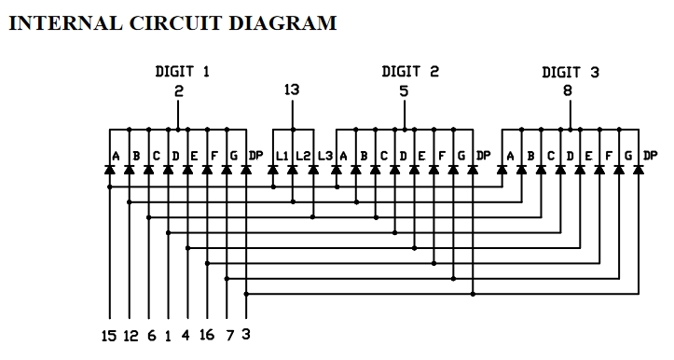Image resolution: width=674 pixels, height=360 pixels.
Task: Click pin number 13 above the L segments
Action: pos(292,90)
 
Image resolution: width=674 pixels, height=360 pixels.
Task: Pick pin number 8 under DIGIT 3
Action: pos(569,91)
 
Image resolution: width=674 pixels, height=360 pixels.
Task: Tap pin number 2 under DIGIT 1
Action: pos(179,91)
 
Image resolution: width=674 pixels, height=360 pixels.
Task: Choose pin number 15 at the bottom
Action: pos(110,334)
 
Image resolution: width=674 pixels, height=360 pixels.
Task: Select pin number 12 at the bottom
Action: pos(131,334)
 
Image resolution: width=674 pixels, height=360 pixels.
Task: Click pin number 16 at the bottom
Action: pos(207,334)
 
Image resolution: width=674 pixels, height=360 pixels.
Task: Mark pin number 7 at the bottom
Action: pos(228,334)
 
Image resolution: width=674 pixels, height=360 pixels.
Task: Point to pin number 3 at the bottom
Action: pos(245,334)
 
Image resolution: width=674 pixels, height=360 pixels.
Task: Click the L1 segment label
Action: pos(282,155)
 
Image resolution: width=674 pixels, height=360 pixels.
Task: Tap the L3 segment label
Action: pos(323,155)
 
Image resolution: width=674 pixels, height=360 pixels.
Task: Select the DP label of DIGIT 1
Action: pos(245,155)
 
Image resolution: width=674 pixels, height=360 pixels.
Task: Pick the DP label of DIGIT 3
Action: pos(650,155)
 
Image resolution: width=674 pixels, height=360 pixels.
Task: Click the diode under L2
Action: pos(293,171)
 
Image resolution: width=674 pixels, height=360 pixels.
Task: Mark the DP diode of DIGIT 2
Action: pos(473,171)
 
